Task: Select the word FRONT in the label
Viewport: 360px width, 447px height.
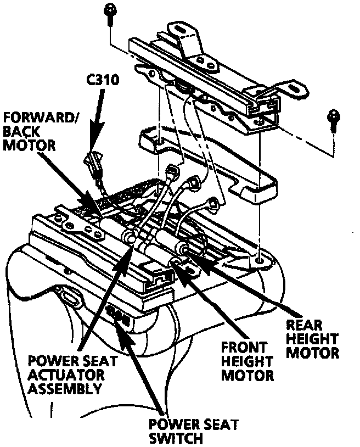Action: coord(244,349)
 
